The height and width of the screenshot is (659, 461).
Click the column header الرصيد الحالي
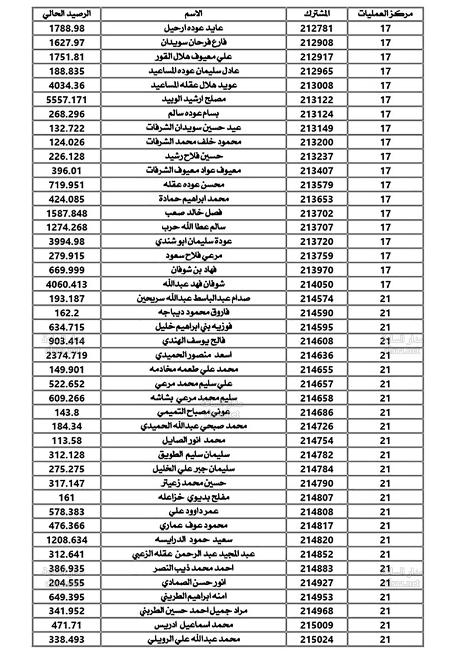coord(66,14)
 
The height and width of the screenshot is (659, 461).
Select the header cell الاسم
coord(194,14)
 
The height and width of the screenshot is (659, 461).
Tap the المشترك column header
coord(317,14)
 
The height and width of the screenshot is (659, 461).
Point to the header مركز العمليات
coord(385,14)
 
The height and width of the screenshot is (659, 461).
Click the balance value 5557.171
coord(66,100)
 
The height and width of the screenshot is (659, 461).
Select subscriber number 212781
coord(317,29)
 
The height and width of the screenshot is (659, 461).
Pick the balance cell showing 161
coord(66,498)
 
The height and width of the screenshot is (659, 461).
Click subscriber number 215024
coord(317,640)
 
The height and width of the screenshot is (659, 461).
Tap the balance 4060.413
coord(66,284)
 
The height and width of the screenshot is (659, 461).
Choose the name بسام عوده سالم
coord(194,114)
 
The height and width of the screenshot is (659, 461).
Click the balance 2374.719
coord(66,355)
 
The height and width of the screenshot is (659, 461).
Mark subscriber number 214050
coord(317,284)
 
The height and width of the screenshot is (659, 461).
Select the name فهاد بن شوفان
coord(194,270)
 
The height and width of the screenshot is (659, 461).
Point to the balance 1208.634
coord(66,540)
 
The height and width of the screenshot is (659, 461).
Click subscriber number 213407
coord(317,171)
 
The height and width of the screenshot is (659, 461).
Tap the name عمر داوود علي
coord(194,512)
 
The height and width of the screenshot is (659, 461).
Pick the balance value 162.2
coord(66,313)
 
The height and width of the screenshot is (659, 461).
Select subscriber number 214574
coord(317,299)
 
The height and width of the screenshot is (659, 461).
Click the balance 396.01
coord(66,171)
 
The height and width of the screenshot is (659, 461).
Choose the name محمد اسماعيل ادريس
coord(194,625)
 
